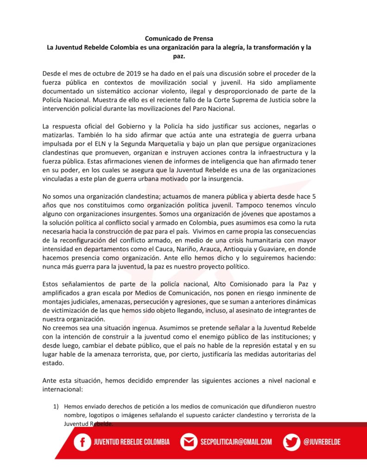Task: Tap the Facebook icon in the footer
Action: point(82,442)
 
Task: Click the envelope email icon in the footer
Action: point(189,442)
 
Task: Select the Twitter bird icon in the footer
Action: point(292,442)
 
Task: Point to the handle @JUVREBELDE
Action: point(322,442)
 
